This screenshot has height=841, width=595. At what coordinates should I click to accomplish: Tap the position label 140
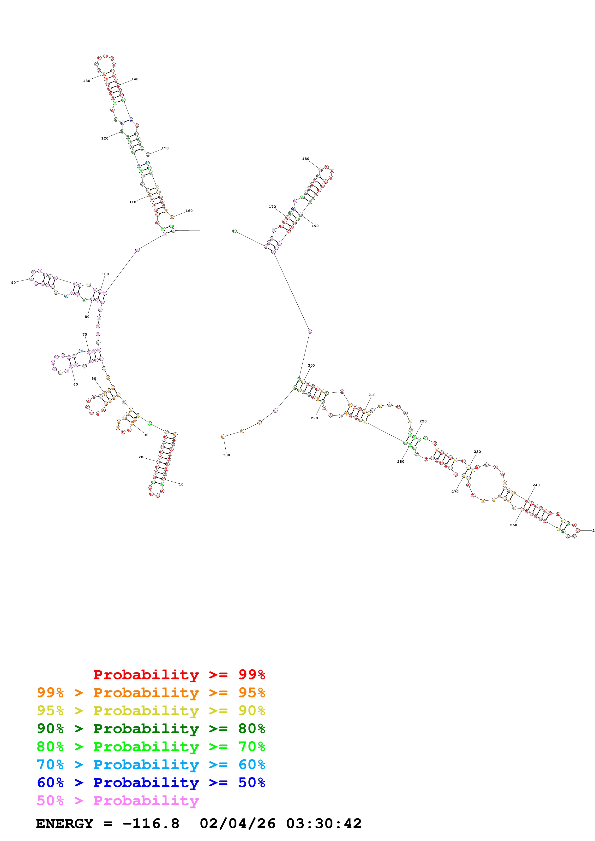pos(135,79)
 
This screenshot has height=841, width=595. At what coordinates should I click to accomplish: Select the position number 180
pos(305,159)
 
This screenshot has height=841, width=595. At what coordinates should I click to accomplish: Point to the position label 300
pos(227,455)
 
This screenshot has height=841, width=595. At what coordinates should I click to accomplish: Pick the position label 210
pos(372,395)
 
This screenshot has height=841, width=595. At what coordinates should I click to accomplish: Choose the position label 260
pos(513,525)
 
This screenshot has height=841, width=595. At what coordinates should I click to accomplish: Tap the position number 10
pos(181,484)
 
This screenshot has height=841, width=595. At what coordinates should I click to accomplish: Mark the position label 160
pos(189,211)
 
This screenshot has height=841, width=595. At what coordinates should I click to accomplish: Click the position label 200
pos(311,365)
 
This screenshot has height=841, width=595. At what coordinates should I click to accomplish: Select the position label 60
pos(76,384)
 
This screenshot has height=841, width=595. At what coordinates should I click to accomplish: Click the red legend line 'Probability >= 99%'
pos(179,674)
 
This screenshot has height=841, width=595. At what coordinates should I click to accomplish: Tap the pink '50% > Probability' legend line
pos(117,800)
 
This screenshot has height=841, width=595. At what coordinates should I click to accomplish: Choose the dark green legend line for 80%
pos(151,728)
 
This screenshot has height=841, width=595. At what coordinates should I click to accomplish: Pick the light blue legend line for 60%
pos(151,765)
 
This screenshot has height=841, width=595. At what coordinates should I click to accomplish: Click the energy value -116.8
pos(151,823)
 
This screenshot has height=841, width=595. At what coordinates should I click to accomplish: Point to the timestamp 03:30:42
pos(324,823)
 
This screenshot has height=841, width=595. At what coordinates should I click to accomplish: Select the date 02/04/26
pos(237,823)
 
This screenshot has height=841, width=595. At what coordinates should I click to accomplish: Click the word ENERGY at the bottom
pos(65,823)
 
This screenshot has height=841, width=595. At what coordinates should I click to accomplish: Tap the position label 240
pos(536,485)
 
